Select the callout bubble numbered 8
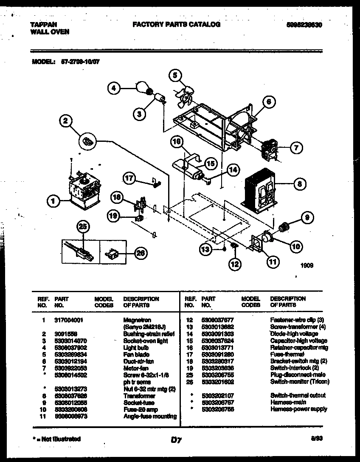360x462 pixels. click(x=300, y=184)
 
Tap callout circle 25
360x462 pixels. click(x=84, y=227)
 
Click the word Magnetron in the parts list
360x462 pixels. click(x=137, y=320)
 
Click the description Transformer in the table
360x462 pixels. click(x=139, y=396)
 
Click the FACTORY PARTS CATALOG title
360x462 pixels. click(x=176, y=25)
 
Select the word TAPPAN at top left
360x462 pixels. click(x=44, y=25)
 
